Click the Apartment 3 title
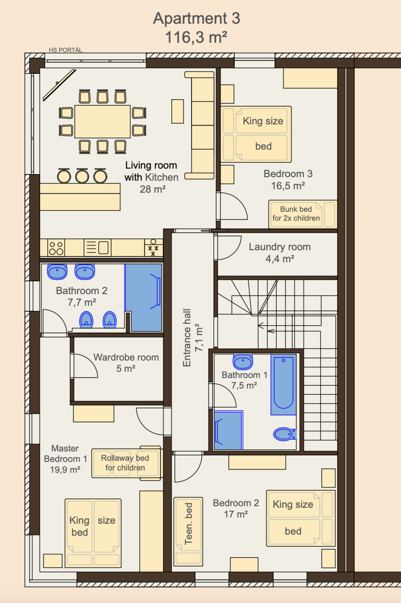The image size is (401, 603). [x=196, y=18]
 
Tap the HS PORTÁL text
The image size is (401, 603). [x=65, y=50]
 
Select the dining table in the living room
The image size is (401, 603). [x=103, y=121]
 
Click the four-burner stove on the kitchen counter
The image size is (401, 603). [x=56, y=247]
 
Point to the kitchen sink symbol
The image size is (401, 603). [x=97, y=247]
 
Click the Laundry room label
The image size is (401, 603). [x=279, y=247]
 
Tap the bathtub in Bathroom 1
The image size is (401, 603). [x=284, y=384]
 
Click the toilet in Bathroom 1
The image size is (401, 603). [x=285, y=434]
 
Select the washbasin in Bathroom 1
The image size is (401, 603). [x=243, y=362]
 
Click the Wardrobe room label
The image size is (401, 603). [x=126, y=357]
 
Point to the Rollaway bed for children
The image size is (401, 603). [x=127, y=463]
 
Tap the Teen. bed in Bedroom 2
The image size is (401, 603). [x=188, y=532]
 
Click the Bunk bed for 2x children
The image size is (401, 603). [x=303, y=214]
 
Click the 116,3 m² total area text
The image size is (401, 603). [x=196, y=37]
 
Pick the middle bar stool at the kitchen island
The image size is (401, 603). [x=82, y=176]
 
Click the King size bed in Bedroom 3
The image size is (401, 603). [x=256, y=134]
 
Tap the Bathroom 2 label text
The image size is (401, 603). [x=81, y=290]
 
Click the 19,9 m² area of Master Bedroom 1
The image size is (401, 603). [x=65, y=470]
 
